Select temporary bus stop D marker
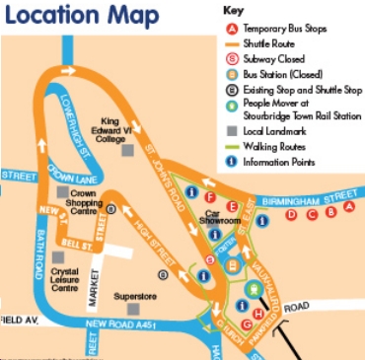click(290, 214)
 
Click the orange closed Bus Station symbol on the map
click(235, 262)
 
